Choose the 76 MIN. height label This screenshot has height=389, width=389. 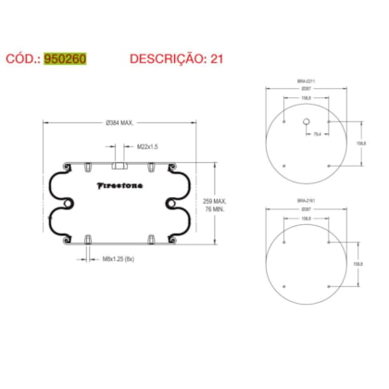coord(216,209)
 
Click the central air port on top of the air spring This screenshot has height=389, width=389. coord(118,168)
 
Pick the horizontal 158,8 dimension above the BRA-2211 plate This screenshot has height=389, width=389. coord(307,101)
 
